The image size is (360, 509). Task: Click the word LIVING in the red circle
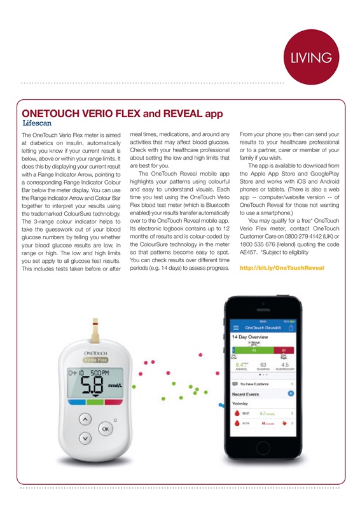pos(311,58)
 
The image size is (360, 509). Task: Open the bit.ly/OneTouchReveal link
pos(282,268)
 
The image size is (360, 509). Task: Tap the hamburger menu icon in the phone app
pos(236,327)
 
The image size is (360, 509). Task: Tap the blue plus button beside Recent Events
pos(291,394)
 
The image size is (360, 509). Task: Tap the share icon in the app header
pos(291,327)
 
